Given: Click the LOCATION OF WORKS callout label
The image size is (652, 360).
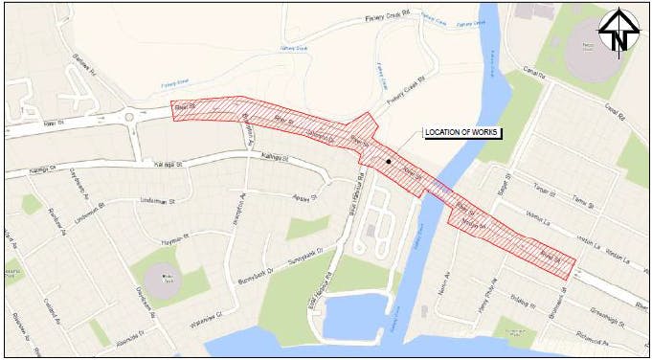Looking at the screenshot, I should pos(463,131).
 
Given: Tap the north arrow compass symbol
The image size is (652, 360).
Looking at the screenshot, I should pos(619,32).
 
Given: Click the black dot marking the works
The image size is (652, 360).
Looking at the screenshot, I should pos(388,162).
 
